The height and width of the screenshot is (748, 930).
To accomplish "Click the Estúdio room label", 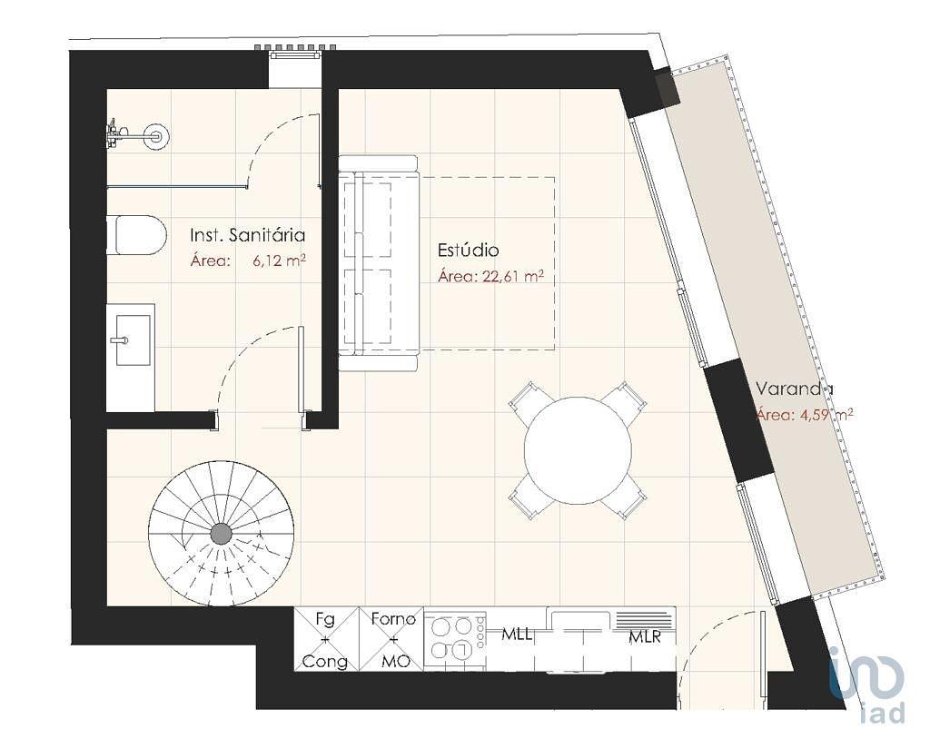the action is pyautogui.click(x=468, y=251).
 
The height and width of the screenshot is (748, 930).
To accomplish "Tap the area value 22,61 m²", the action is pyautogui.click(x=514, y=277).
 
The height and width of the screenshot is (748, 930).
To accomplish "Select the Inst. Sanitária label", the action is pyautogui.click(x=247, y=235).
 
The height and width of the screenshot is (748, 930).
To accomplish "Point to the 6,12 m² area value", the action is pyautogui.click(x=279, y=261).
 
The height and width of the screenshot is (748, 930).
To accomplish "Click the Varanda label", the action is pyautogui.click(x=794, y=389).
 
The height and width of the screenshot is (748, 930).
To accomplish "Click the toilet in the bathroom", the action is pyautogui.click(x=136, y=235).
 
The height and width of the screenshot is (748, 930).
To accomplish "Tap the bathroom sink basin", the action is pyautogui.click(x=133, y=340).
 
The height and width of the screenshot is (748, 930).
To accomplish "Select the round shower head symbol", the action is pyautogui.click(x=157, y=136).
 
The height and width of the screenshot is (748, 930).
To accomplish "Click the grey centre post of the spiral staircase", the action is pyautogui.click(x=222, y=534).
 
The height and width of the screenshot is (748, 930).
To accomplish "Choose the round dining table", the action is pyautogui.click(x=578, y=450).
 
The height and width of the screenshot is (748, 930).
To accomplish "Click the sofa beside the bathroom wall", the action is pyautogui.click(x=379, y=263).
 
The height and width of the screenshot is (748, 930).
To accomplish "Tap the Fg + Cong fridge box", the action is pyautogui.click(x=327, y=639).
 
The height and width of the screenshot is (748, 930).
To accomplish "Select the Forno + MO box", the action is pyautogui.click(x=391, y=639).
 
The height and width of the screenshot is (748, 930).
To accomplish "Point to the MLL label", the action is pyautogui.click(x=517, y=635).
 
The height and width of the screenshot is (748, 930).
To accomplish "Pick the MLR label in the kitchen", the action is pyautogui.click(x=645, y=638).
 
